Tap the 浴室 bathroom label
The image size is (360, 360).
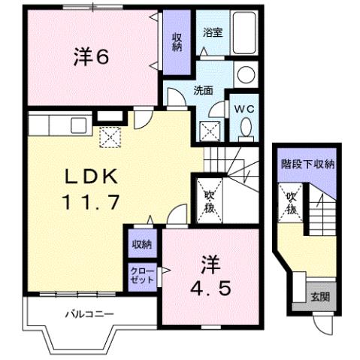point(210,33)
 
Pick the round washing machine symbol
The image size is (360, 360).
point(245,74)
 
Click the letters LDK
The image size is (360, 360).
point(89,175)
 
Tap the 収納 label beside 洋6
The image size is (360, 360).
point(177,42)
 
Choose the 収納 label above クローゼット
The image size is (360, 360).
point(141,244)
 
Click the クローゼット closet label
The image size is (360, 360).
point(141,274)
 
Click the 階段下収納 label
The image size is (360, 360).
point(307,164)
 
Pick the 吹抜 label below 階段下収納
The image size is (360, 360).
point(292,203)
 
